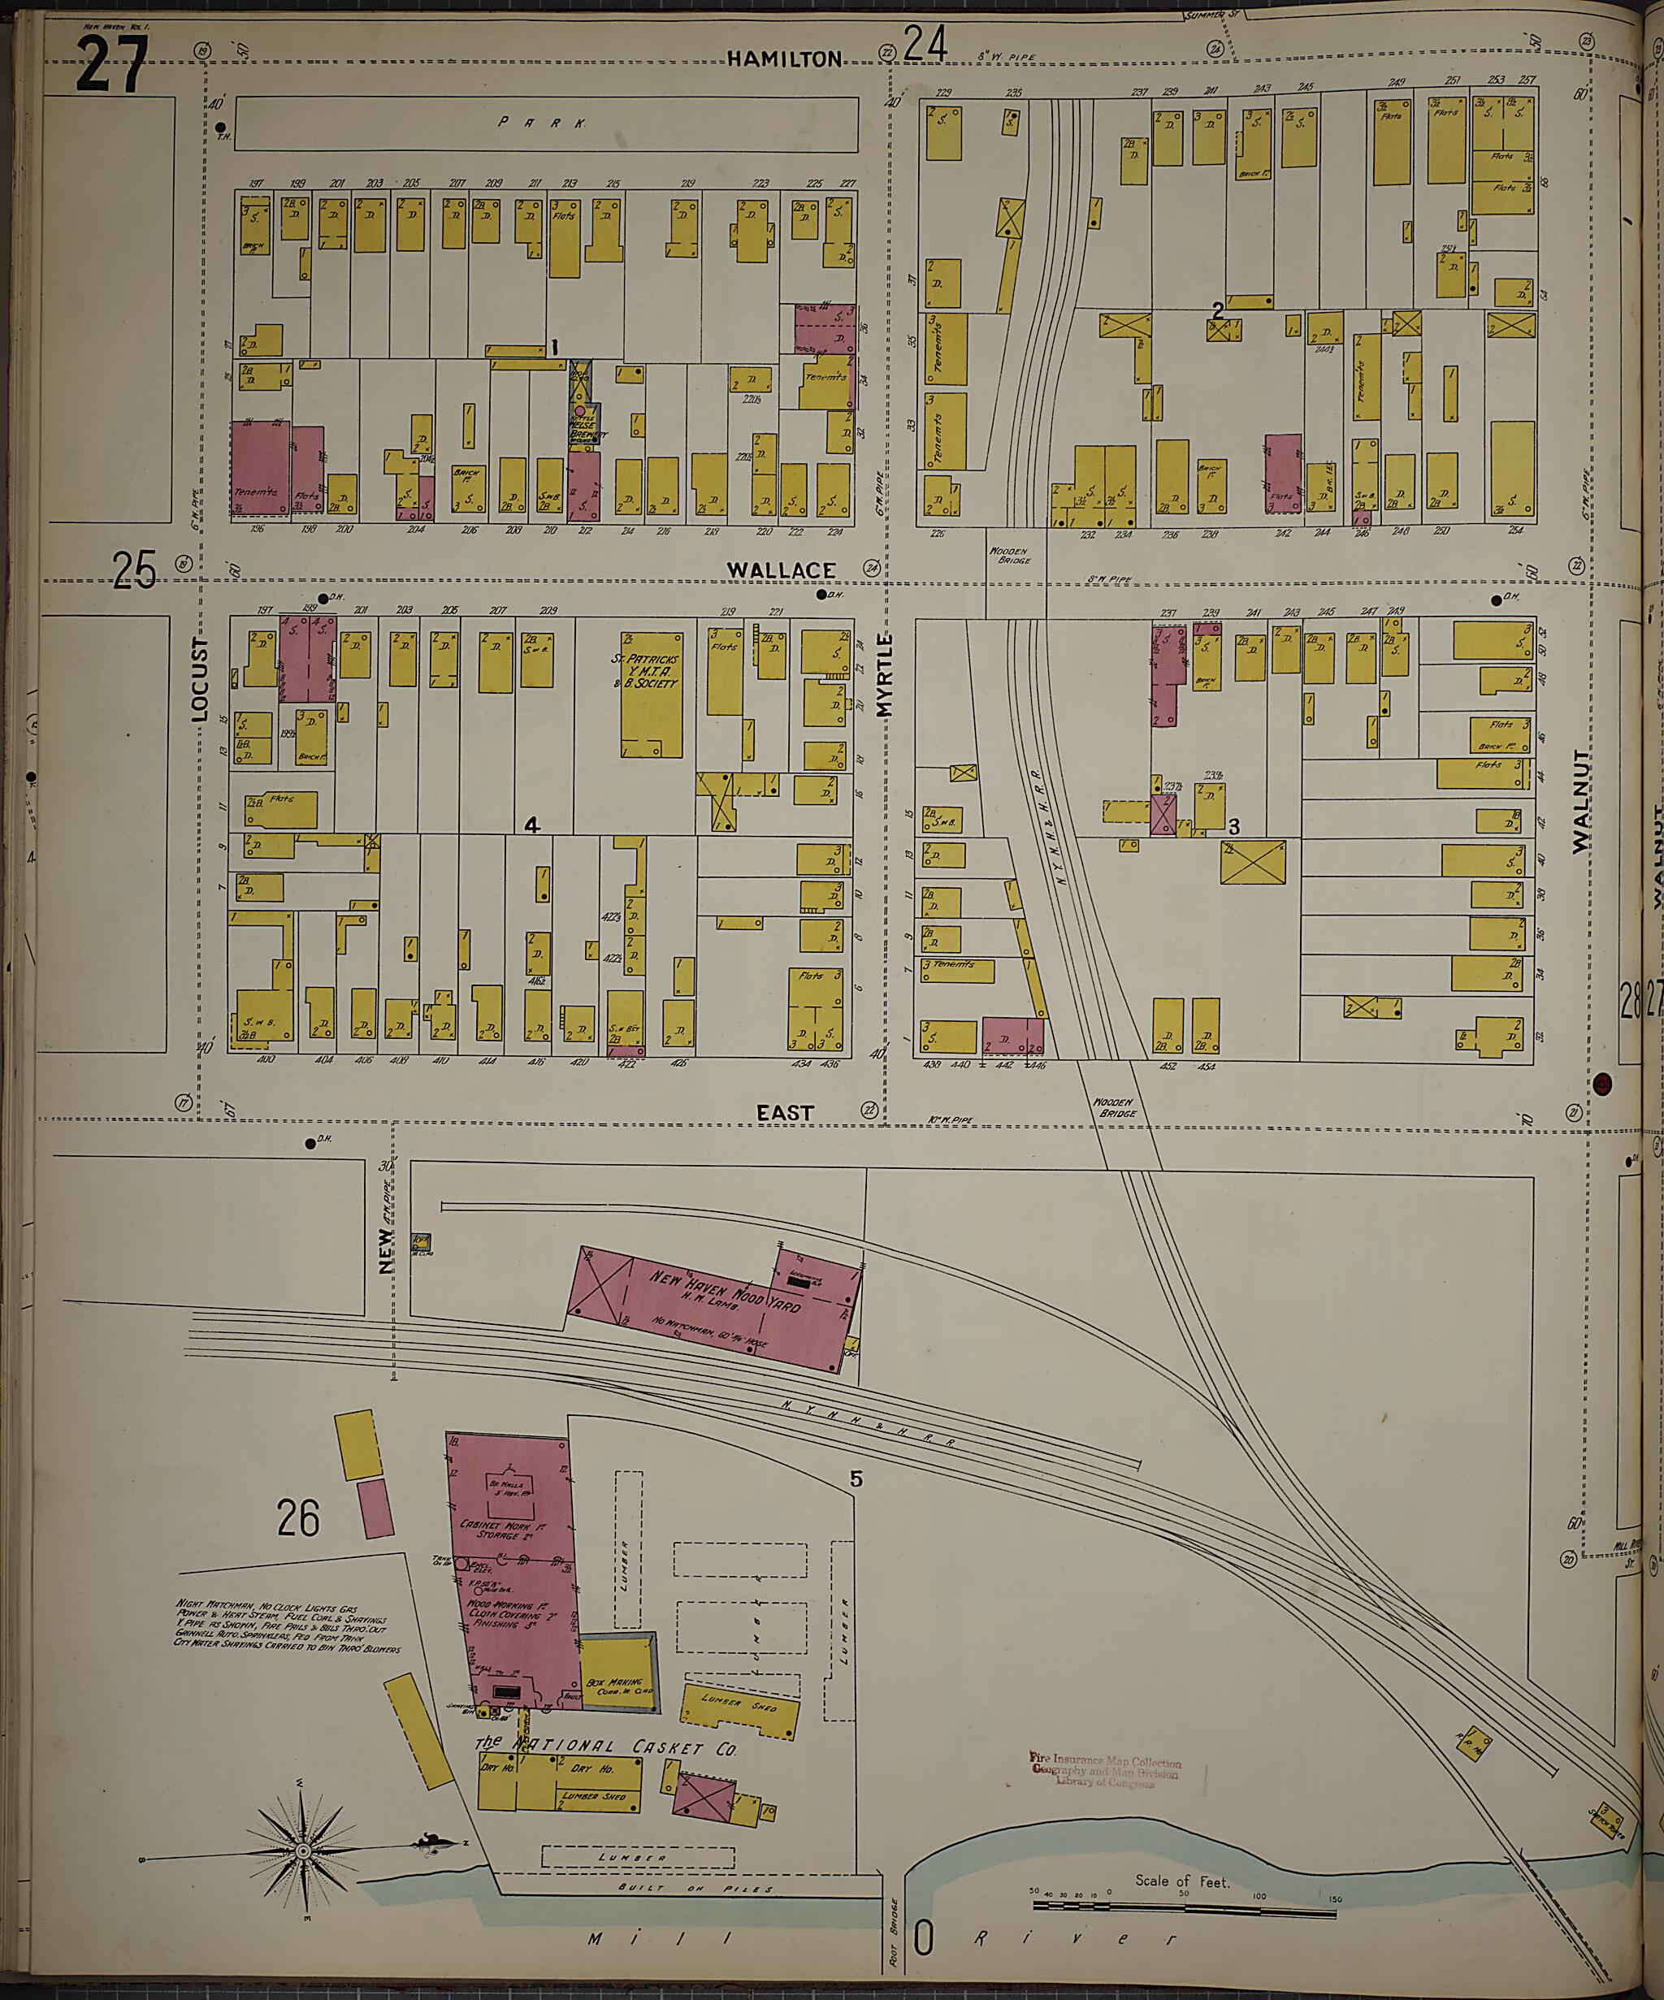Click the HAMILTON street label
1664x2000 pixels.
click(x=785, y=59)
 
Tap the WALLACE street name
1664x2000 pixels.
click(x=781, y=569)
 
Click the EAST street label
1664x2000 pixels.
click(x=785, y=1112)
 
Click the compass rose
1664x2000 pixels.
click(x=303, y=1851)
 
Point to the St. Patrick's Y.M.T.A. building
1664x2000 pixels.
click(x=652, y=693)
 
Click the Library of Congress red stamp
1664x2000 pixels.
click(x=1105, y=1772)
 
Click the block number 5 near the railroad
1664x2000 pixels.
click(x=856, y=1479)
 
